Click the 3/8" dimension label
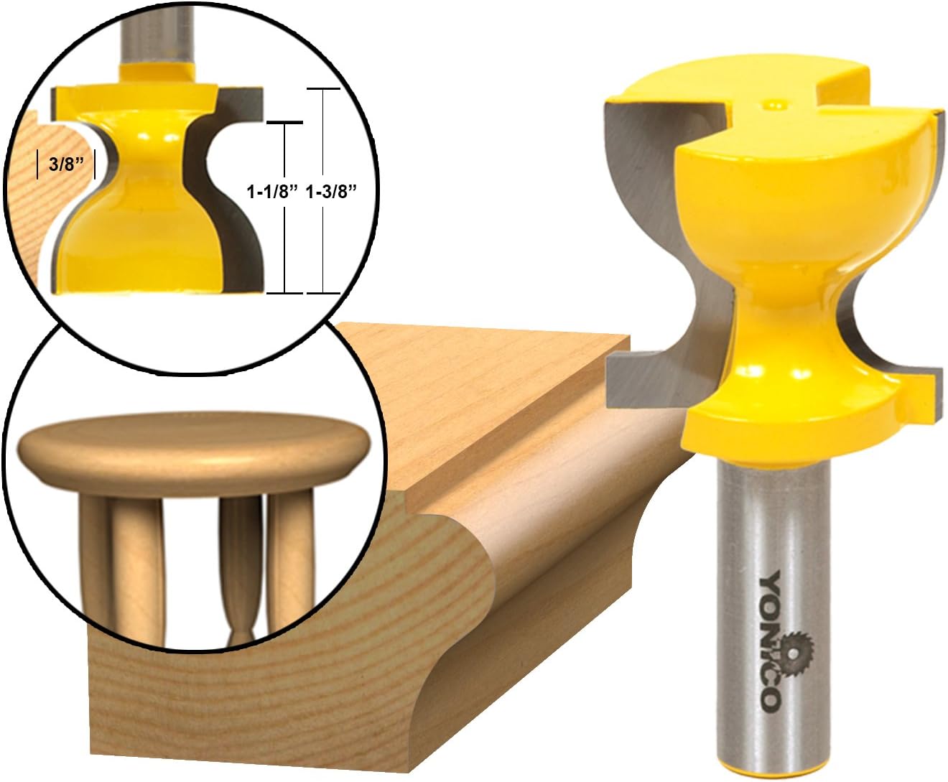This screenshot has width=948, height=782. pos(62,164)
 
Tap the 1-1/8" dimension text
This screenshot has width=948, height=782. pos(272,192)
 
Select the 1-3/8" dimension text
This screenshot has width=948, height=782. pos(332,192)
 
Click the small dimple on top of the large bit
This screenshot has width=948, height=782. pos(774,105)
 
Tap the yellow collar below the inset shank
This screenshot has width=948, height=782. pos(157,70)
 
